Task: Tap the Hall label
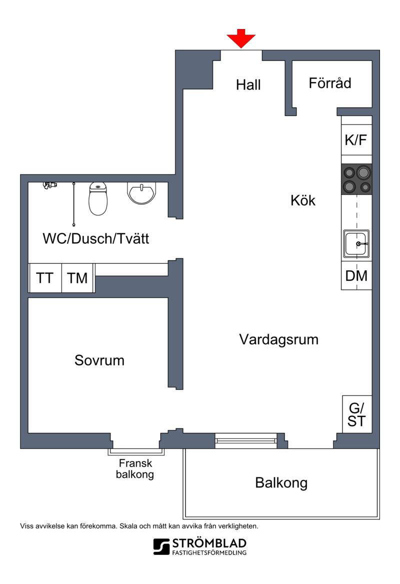pos(248,85)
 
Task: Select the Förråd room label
pos(329,83)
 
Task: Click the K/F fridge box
pos(356,140)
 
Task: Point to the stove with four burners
pos(356,180)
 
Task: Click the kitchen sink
pos(356,244)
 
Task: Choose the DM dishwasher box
pos(356,276)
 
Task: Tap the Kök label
pos(303,201)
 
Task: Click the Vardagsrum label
pos(278,339)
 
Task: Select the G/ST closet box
pos(357,414)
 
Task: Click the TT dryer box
pos(45,278)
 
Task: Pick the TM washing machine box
pos(77,278)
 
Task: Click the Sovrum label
pos(99,360)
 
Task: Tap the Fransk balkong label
pos(135,469)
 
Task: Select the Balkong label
pos(281,483)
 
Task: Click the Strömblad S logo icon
pos(161,547)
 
